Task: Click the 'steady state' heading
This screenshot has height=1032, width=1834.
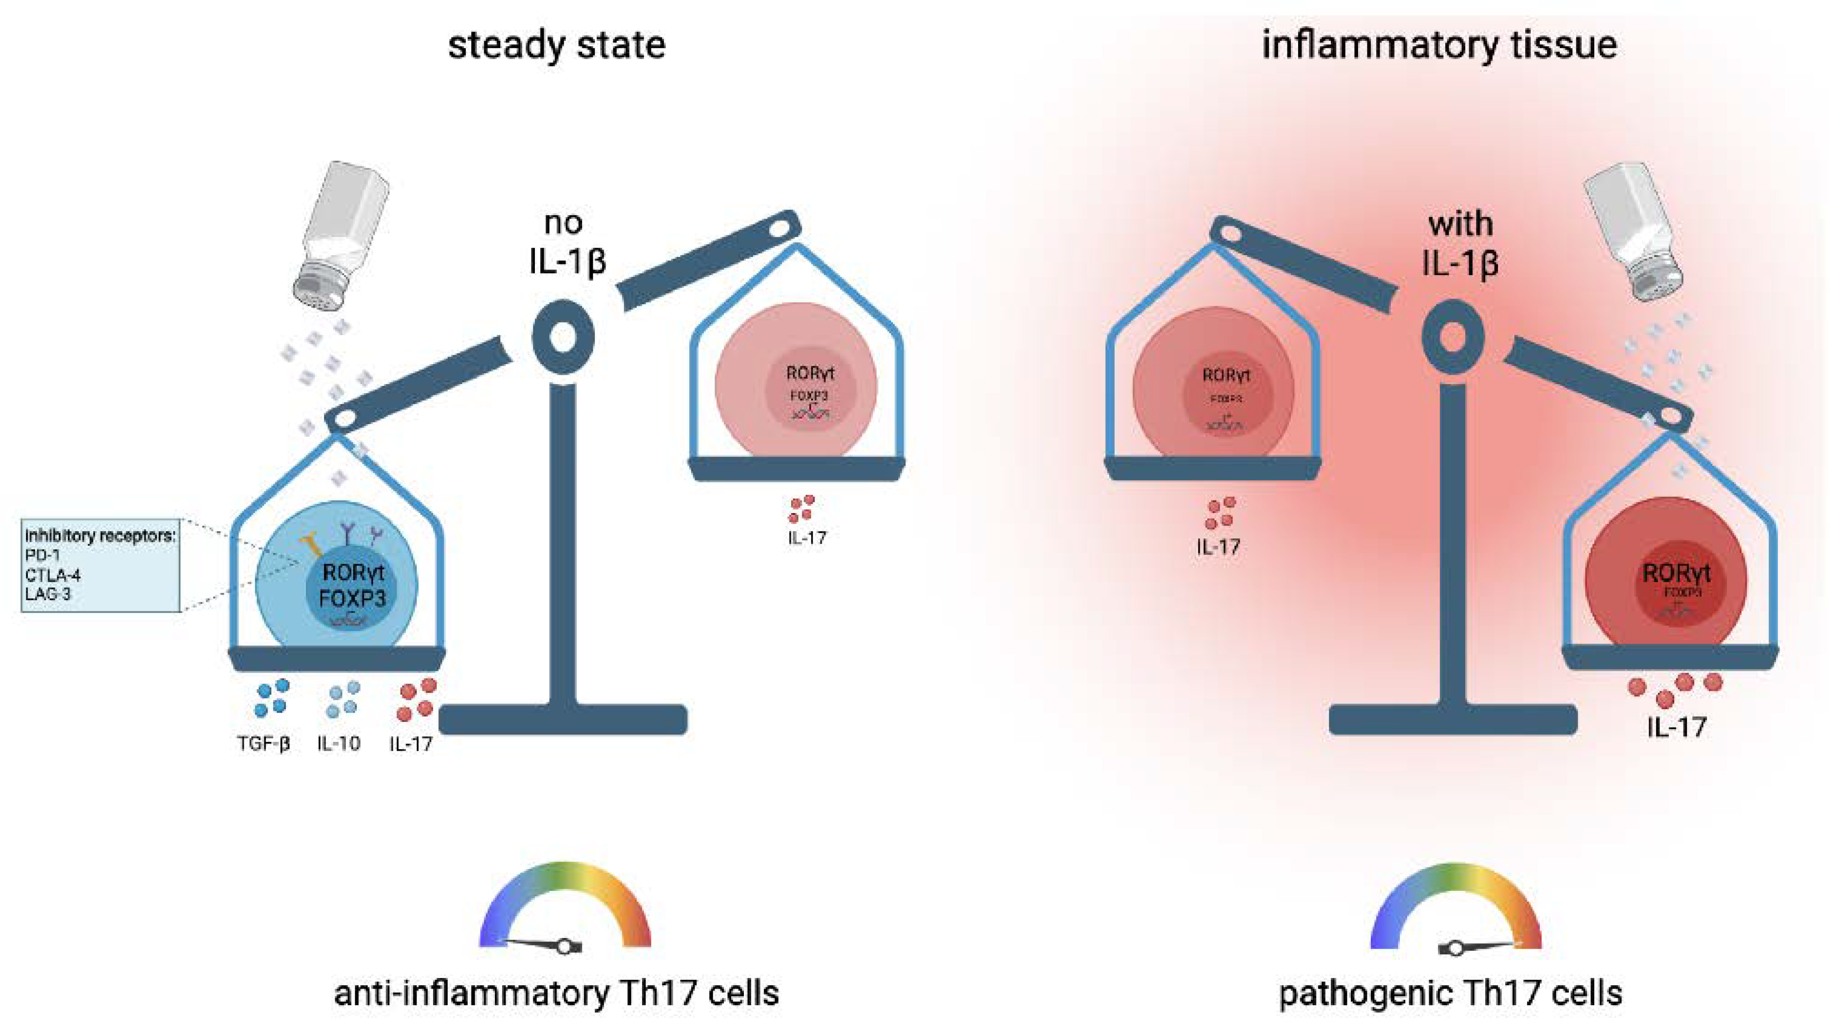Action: pos(556,45)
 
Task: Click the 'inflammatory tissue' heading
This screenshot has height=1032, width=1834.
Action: pos(1439,45)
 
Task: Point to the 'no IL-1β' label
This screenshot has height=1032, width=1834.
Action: pos(567,242)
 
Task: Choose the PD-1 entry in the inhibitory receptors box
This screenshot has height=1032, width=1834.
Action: pos(43,554)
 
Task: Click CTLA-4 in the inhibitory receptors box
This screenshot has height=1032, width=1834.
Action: pos(53,574)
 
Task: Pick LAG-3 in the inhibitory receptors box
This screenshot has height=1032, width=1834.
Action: pos(48,593)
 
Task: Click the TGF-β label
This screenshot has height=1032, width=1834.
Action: pos(264,744)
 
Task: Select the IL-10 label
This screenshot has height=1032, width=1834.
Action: pos(339,744)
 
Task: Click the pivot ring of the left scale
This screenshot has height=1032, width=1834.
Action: pos(563,336)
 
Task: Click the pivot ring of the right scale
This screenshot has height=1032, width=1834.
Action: pos(1453,336)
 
